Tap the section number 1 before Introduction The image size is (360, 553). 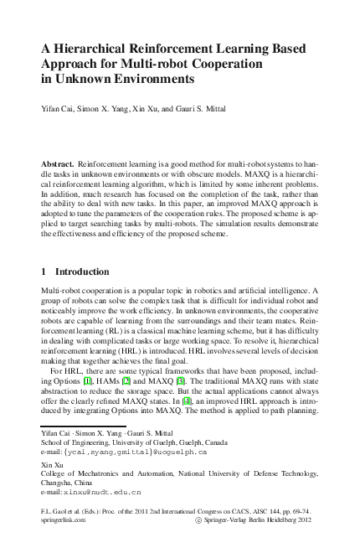[x=44, y=272]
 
